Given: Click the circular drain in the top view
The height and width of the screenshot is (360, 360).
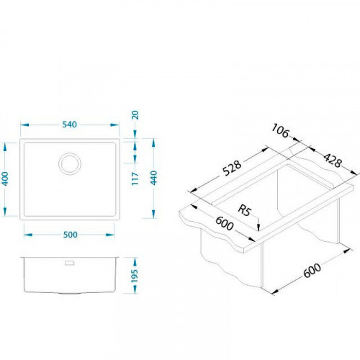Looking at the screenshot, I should (x=71, y=163).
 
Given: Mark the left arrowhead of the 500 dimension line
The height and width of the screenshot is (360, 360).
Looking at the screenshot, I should (x=26, y=233).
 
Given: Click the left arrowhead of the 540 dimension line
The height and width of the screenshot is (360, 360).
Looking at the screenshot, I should (x=21, y=133).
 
